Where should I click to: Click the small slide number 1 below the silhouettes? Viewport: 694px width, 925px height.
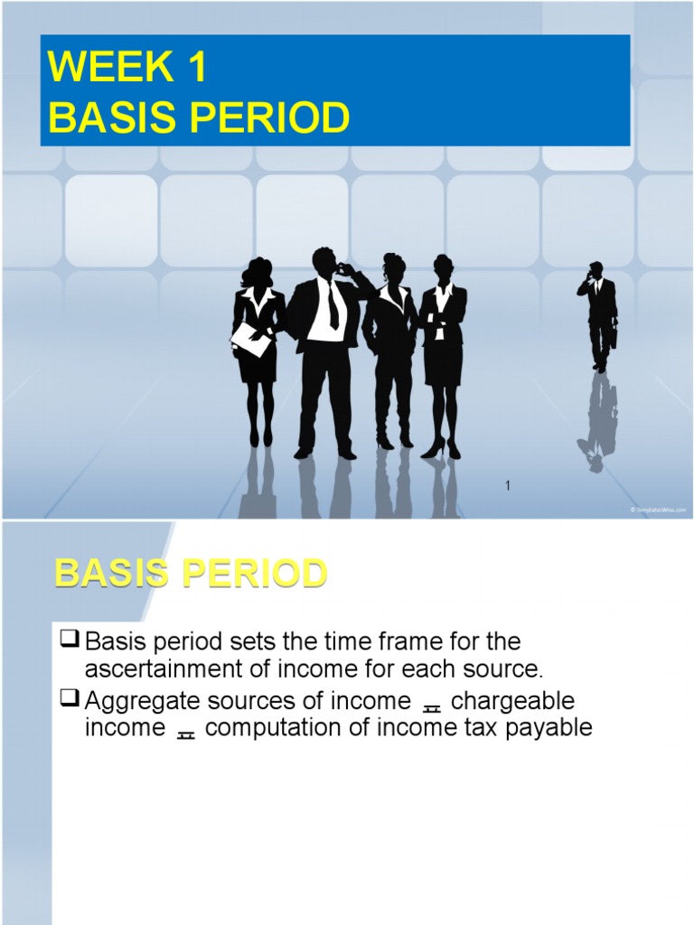(509, 487)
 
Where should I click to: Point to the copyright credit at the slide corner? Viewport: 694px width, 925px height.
(658, 510)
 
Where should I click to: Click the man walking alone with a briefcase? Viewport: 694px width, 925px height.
(598, 315)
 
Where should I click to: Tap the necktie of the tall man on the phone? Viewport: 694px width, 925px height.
(333, 304)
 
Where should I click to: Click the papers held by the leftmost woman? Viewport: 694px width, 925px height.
(249, 339)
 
